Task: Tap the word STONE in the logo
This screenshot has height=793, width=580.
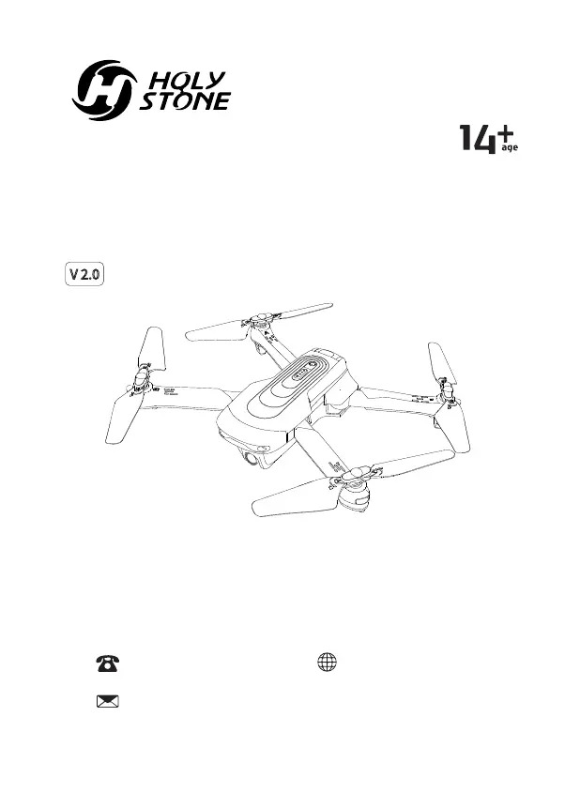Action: coord(184,101)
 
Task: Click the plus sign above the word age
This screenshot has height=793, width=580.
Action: coord(510,132)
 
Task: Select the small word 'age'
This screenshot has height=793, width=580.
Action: coord(510,148)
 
